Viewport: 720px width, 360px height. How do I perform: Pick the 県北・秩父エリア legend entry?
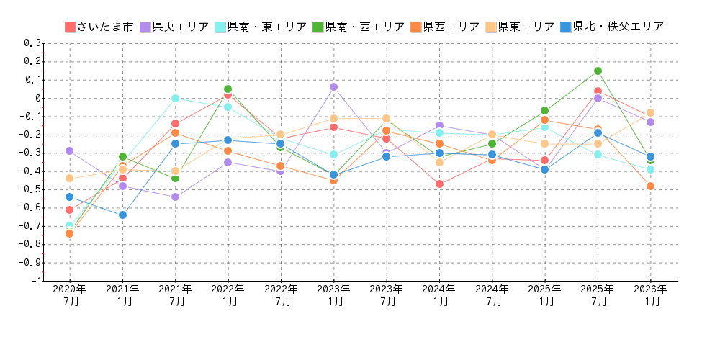tap(611, 27)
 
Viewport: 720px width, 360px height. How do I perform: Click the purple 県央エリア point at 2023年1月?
tap(333, 87)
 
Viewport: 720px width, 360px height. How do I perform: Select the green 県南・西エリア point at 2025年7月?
tap(598, 71)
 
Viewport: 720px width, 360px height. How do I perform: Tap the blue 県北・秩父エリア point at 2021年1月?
tap(122, 215)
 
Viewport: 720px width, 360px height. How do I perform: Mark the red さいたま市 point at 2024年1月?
tap(439, 184)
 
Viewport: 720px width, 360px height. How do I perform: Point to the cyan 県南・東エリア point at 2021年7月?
tap(175, 99)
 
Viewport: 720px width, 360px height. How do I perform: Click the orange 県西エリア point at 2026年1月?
tap(650, 186)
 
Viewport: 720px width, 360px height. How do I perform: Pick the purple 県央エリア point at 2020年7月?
tap(70, 151)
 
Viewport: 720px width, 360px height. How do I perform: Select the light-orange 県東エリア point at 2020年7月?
tap(70, 179)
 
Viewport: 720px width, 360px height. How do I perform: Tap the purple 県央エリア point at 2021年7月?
tap(175, 197)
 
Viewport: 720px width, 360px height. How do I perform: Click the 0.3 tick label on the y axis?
tap(33, 43)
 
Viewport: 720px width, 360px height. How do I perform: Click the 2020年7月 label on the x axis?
tap(70, 295)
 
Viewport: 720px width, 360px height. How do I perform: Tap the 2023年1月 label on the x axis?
tap(333, 295)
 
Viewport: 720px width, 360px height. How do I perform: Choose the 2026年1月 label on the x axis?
tap(650, 295)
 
